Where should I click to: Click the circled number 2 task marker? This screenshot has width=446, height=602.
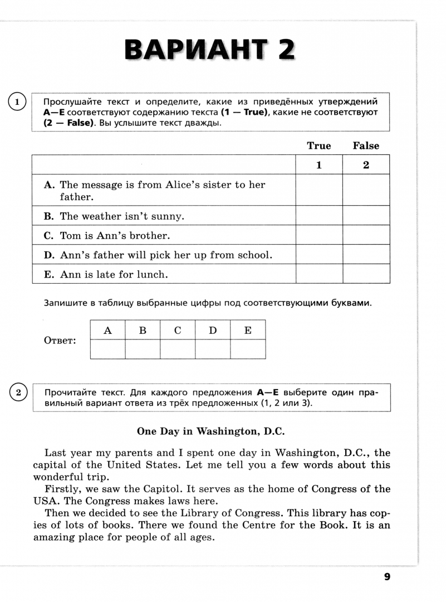(x=18, y=393)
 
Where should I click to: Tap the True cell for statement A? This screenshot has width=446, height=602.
(x=319, y=190)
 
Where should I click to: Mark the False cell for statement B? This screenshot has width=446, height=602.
(x=366, y=216)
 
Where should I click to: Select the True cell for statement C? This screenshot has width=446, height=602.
(x=319, y=235)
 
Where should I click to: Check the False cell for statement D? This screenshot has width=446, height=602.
(x=366, y=255)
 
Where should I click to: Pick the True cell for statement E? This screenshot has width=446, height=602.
(x=319, y=274)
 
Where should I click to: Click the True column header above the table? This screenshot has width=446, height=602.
(x=319, y=146)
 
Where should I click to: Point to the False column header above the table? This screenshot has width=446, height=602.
(x=366, y=146)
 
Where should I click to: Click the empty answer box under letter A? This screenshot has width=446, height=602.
(x=107, y=349)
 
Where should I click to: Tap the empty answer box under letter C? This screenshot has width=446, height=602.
(x=178, y=349)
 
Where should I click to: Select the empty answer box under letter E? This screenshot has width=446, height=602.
(x=248, y=349)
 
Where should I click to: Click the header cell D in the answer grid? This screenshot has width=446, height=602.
(x=213, y=330)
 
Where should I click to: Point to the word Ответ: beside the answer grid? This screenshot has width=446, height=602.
(x=60, y=341)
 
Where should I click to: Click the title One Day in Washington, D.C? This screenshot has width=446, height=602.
(x=211, y=431)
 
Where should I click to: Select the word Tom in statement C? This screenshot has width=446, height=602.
(x=71, y=236)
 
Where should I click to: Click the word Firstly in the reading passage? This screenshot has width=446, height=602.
(x=61, y=489)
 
